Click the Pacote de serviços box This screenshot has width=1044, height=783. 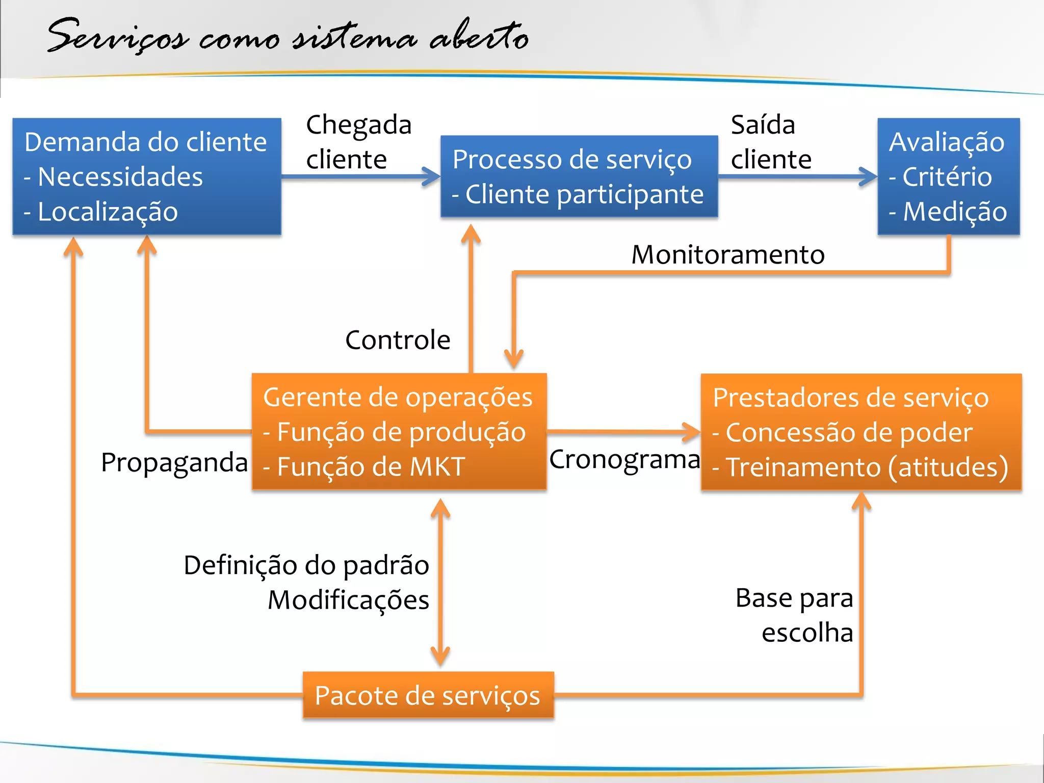coord(428,695)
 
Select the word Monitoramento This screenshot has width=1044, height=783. coord(727,254)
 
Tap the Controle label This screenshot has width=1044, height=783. coord(398,340)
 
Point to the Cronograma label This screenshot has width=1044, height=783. coord(624,460)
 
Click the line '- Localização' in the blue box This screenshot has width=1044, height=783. coord(101,212)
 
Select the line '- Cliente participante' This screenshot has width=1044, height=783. coord(578,195)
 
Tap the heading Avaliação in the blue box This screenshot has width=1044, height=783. coord(947,142)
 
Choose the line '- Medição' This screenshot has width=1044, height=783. coord(948,212)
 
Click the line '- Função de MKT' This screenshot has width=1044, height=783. coord(363,466)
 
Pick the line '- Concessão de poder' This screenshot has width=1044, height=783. coord(842,433)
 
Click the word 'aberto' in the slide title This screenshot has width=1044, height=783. coord(479,37)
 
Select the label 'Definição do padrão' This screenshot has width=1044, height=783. coord(306,565)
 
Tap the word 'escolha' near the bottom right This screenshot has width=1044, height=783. coord(807,633)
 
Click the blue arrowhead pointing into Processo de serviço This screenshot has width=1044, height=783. coord(432,177)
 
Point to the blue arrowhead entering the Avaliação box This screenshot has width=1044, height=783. coord(869,177)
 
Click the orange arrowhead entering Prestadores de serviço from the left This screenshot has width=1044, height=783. coord(692,432)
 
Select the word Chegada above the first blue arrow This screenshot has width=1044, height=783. coord(359,125)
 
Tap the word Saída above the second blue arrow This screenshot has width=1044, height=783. coord(763,125)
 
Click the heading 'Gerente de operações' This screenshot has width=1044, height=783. coord(398,397)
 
